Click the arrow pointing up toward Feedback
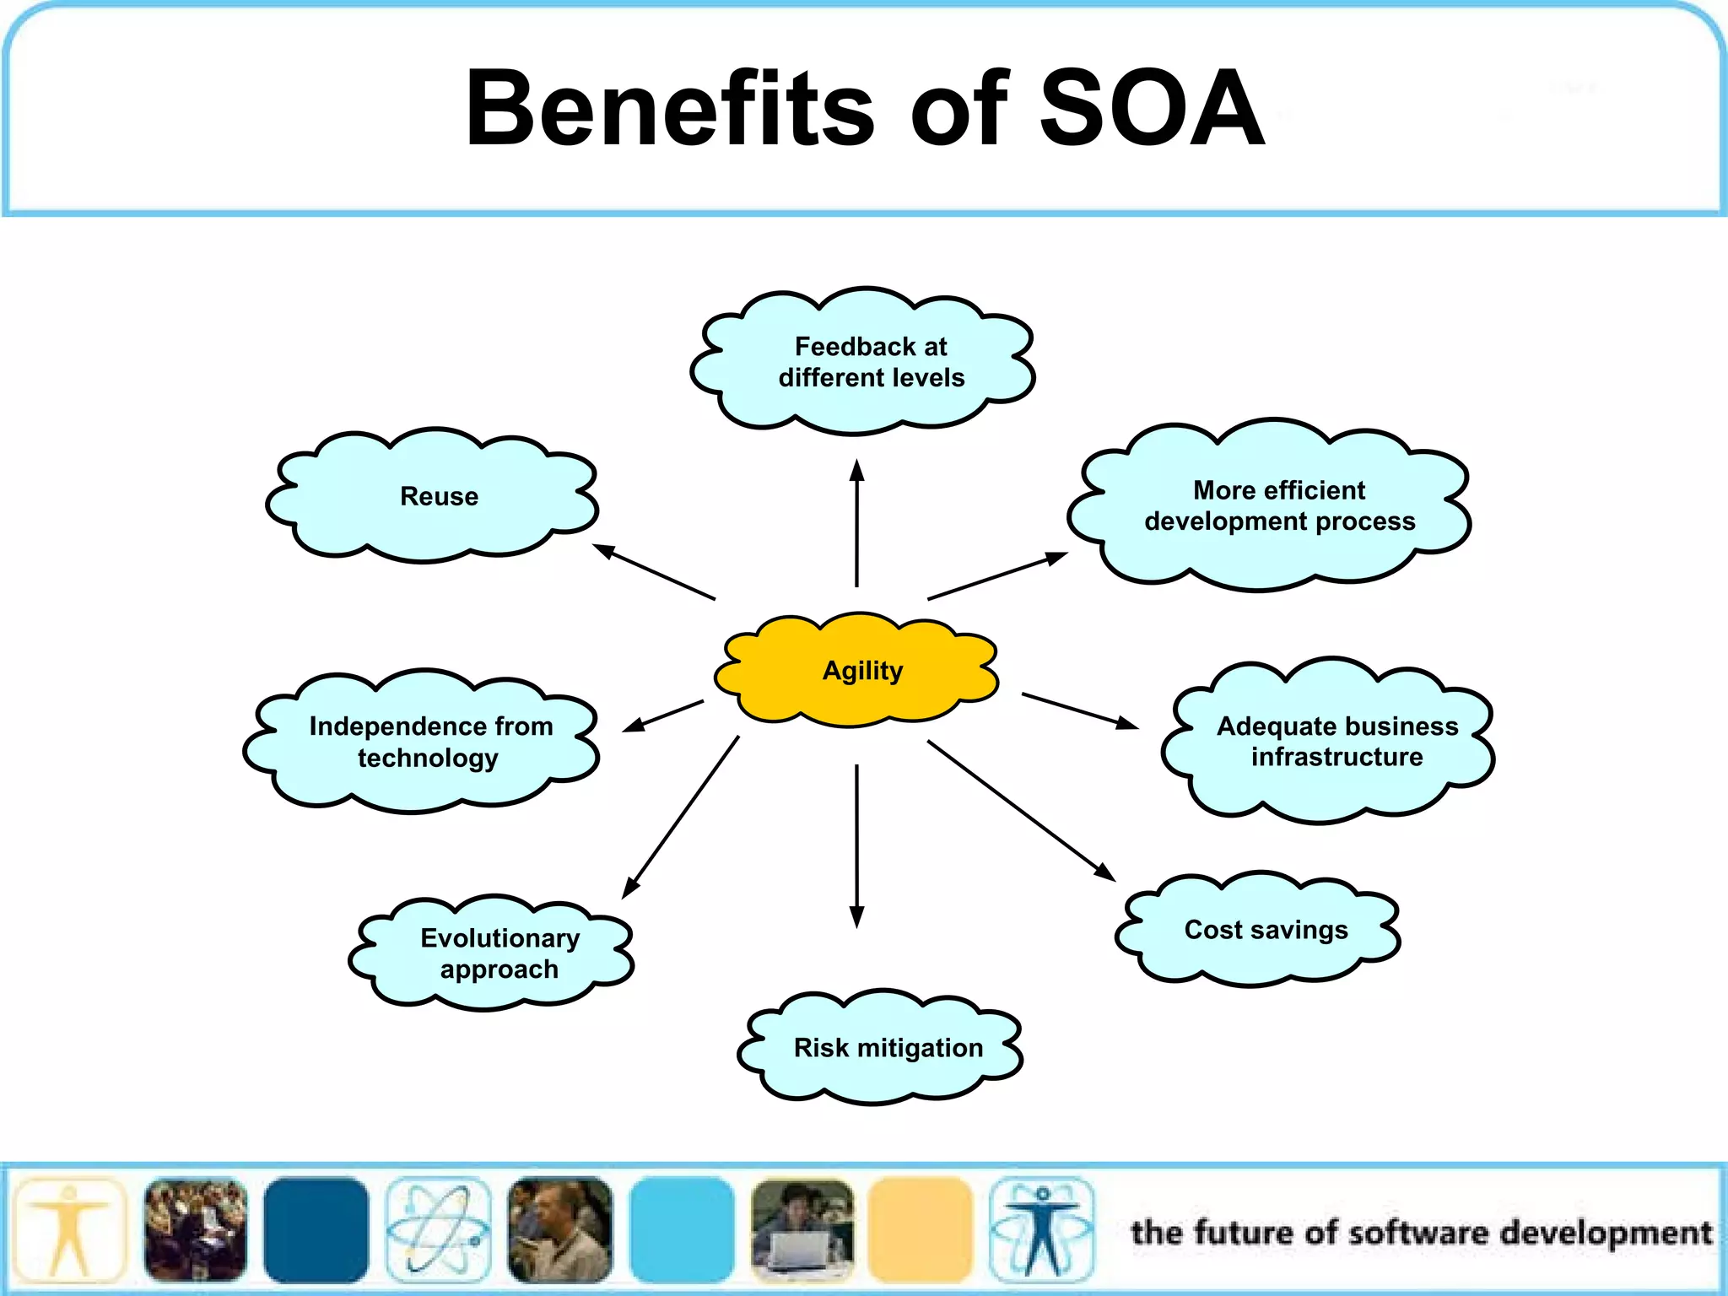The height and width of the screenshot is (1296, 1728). tap(856, 523)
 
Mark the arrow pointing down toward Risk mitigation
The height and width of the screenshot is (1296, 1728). tap(856, 844)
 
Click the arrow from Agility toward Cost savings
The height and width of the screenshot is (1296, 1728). tap(1021, 810)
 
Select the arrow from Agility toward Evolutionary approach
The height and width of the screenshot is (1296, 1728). tap(681, 816)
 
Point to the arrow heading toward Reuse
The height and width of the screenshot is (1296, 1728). tap(654, 572)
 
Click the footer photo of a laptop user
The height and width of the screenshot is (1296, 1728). tap(802, 1230)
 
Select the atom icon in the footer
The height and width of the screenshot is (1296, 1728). tap(438, 1230)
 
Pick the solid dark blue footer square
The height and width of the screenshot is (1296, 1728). tap(316, 1230)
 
